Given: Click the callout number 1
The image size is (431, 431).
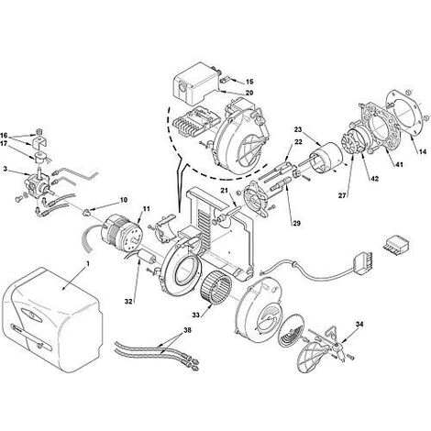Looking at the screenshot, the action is (87, 262).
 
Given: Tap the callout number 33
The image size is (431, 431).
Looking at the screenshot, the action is (195, 315).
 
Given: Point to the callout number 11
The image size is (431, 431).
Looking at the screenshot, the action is (147, 209).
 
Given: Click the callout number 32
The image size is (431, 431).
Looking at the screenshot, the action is (128, 302).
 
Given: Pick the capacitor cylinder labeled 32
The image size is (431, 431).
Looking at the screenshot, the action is (148, 256).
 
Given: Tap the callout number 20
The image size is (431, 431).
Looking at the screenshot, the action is (249, 93).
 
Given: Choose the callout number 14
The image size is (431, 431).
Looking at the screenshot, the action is (423, 150).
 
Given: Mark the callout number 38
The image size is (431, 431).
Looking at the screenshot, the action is (187, 330).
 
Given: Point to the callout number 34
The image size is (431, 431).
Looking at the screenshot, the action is (359, 324).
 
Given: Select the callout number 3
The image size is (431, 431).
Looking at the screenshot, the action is (6, 169).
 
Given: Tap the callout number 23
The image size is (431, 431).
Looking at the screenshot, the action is (298, 129).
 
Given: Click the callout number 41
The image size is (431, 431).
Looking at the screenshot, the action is (399, 165).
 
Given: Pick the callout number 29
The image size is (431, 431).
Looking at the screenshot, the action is (296, 224).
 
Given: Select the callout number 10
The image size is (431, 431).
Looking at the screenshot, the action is (124, 200).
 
